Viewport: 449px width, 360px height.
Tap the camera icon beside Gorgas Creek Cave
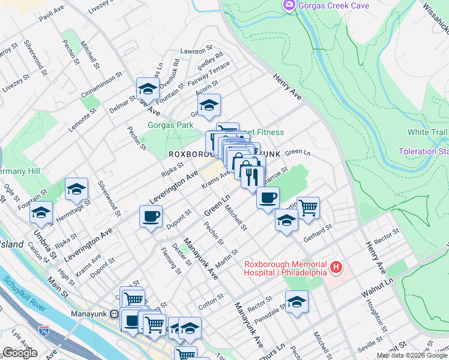coord(290,5)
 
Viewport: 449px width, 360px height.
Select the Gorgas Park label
coord(171,125)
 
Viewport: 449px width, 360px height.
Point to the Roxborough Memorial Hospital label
coord(285,268)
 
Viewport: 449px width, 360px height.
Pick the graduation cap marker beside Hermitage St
coord(76,190)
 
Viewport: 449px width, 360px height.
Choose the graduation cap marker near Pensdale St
coord(297,302)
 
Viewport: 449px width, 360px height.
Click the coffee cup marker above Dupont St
coord(151,216)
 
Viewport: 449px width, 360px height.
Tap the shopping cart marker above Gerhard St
coord(308,208)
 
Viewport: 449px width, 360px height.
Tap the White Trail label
coord(427,132)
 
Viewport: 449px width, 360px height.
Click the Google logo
coord(20,353)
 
